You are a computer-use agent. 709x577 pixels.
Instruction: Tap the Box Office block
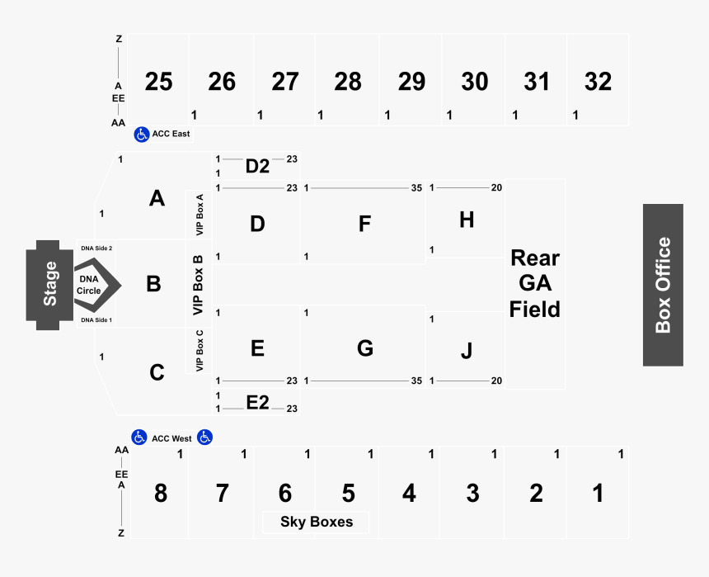click(663, 285)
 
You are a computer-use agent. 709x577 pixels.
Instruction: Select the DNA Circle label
click(89, 285)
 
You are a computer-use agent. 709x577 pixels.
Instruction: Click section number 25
click(158, 82)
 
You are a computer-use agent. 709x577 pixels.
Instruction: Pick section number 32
click(598, 82)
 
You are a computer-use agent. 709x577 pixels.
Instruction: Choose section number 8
click(160, 494)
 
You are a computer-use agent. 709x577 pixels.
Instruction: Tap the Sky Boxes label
click(316, 522)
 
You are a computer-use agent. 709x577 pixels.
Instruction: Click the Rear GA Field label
click(534, 283)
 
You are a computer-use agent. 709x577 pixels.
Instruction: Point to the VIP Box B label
click(198, 285)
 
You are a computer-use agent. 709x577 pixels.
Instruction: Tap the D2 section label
click(257, 166)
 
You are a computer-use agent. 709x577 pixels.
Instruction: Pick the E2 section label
click(257, 402)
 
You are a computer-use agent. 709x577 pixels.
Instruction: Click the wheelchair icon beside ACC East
click(141, 133)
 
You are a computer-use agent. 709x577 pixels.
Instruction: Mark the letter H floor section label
click(467, 220)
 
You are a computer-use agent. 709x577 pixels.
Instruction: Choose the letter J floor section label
click(467, 351)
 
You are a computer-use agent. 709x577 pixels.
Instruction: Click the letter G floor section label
click(364, 348)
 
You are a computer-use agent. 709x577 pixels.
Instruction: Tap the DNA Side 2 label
click(96, 248)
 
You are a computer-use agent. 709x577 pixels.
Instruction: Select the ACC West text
click(171, 438)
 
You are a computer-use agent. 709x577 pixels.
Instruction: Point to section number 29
click(411, 82)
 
